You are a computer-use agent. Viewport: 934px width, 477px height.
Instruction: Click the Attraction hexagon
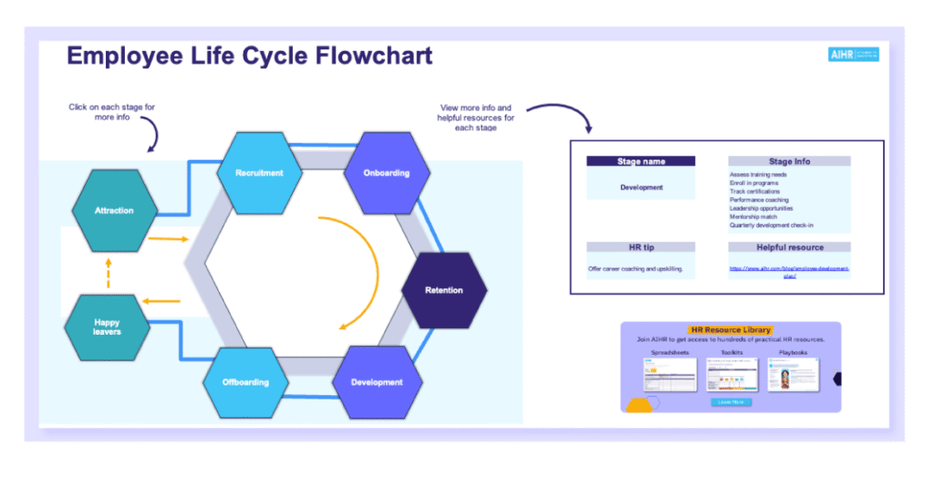114,211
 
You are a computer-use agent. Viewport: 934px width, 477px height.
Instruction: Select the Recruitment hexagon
259,172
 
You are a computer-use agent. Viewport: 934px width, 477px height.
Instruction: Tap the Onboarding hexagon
386,172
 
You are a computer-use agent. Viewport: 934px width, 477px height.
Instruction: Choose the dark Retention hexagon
443,290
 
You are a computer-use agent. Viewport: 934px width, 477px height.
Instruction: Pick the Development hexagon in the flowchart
377,382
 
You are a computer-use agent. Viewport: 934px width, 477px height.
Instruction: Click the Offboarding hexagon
245,382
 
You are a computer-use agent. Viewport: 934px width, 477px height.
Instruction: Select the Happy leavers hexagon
107,327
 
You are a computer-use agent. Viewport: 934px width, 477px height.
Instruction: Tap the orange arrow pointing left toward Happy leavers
163,300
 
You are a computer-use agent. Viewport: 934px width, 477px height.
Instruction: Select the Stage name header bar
641,161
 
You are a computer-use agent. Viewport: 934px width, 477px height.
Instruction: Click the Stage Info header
789,161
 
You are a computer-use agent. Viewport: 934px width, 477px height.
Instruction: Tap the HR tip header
641,247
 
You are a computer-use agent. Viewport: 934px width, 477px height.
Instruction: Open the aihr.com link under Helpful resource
789,272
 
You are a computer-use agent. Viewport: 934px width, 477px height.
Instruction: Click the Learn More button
731,401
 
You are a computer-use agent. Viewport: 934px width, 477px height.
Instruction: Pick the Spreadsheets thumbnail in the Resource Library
670,375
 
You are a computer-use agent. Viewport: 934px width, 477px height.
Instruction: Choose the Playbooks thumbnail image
793,375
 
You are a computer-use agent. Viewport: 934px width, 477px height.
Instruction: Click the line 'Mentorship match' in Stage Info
755,217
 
